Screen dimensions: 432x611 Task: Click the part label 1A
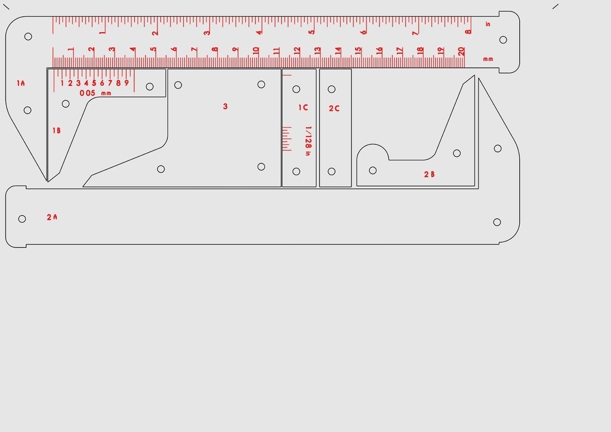(21, 84)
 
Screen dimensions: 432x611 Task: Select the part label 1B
(56, 131)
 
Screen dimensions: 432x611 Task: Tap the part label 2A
(52, 217)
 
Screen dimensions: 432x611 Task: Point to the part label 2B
(429, 174)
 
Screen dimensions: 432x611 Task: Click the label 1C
(303, 107)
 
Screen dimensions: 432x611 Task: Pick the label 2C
(334, 109)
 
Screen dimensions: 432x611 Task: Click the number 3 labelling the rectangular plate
(225, 106)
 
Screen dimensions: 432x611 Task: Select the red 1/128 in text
(308, 141)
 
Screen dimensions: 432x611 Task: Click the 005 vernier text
(87, 93)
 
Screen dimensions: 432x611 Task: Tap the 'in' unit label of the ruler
(488, 24)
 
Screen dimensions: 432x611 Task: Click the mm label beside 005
(106, 94)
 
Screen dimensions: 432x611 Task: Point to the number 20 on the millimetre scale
(461, 51)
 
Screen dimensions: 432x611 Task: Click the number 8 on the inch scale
(468, 32)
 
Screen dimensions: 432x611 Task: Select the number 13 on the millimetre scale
(317, 51)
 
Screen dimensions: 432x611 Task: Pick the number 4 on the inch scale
(259, 32)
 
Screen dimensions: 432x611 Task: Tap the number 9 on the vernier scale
(126, 83)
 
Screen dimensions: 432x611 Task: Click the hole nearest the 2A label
(22, 219)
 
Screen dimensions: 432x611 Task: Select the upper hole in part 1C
(296, 89)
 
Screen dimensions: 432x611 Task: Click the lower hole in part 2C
(332, 172)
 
